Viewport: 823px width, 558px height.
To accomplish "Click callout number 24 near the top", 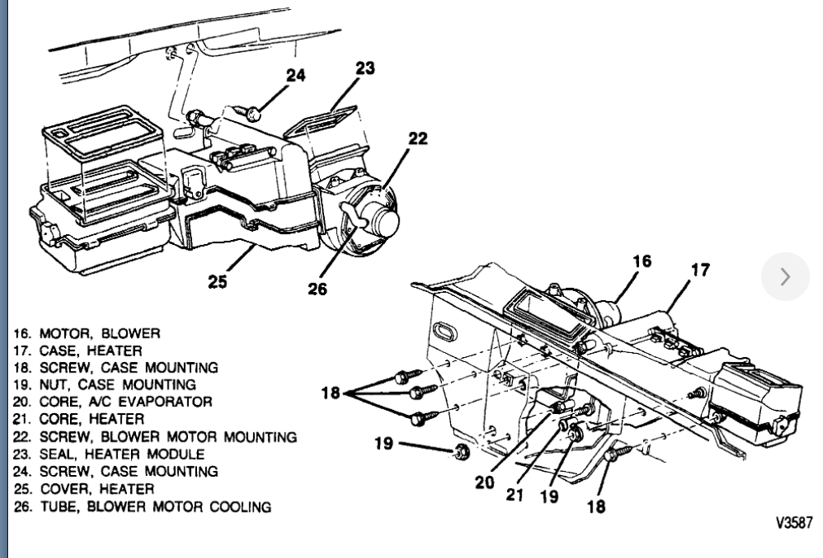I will click(x=295, y=76).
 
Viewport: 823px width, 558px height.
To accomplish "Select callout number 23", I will click(x=365, y=69).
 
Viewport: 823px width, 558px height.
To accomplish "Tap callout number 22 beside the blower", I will click(x=418, y=139).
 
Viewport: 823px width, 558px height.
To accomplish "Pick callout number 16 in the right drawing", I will click(x=643, y=262).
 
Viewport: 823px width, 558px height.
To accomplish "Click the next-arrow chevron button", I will click(x=785, y=277).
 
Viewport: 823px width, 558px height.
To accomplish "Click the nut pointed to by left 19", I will click(x=460, y=451).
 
